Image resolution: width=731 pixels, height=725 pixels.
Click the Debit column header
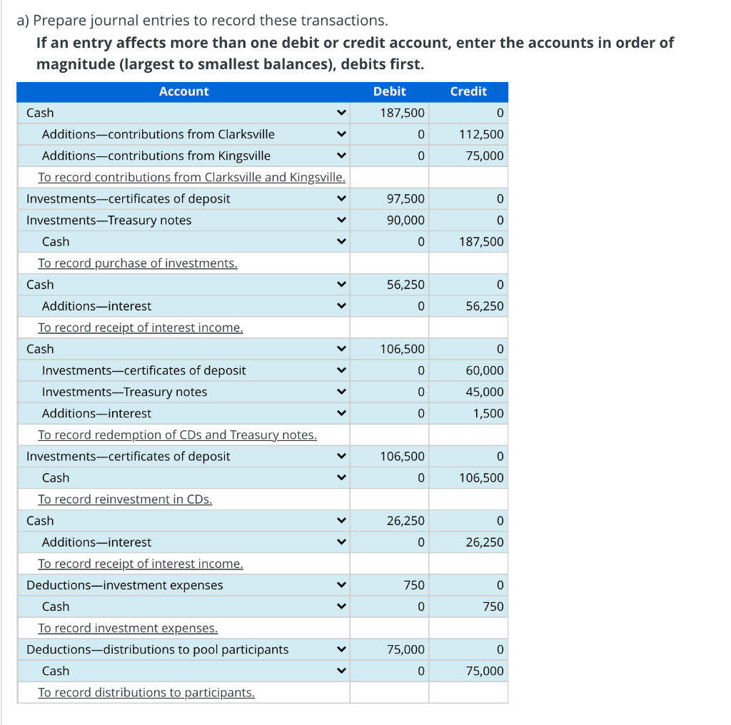click(389, 91)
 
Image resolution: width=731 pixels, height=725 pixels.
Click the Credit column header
click(468, 91)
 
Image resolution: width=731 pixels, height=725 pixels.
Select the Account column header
click(183, 91)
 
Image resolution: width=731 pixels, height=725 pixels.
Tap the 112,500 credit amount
click(481, 134)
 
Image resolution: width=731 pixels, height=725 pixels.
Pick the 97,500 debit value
click(405, 198)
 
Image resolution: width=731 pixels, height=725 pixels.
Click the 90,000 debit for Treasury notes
click(405, 220)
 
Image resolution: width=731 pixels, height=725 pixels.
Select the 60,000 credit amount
click(485, 370)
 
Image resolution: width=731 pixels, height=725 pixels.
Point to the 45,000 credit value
click(485, 392)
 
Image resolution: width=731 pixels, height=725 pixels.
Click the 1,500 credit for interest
click(488, 413)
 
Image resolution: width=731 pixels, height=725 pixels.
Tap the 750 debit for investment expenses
click(414, 584)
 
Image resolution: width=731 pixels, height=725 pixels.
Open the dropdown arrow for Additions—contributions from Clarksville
click(341, 134)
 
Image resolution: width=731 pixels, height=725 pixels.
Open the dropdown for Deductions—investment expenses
click(341, 584)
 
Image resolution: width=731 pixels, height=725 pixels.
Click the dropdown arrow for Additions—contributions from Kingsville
click(341, 156)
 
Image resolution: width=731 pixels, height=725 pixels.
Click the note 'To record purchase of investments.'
click(138, 263)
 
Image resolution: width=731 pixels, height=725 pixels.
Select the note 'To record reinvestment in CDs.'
click(125, 499)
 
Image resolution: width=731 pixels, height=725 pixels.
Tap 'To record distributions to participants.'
click(146, 692)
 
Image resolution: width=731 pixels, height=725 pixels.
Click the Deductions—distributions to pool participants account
click(158, 649)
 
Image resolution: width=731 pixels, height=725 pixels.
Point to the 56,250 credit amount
click(485, 306)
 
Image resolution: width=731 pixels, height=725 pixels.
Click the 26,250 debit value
click(405, 520)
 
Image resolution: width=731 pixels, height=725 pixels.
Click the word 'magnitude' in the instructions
click(76, 64)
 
